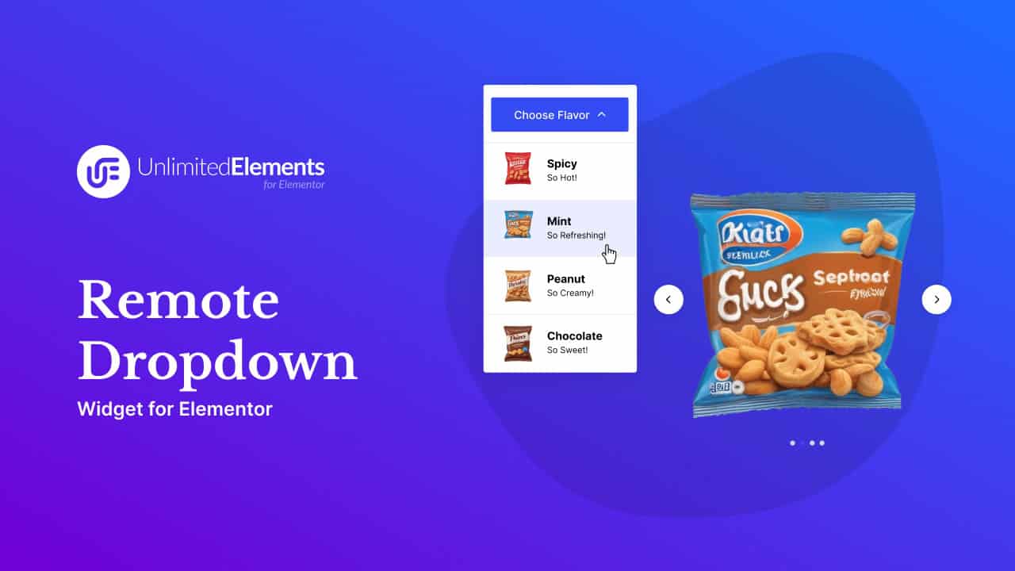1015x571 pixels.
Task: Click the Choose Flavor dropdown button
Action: pos(559,115)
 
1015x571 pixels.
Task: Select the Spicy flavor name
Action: pos(561,163)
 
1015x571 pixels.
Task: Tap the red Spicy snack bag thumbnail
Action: pos(518,168)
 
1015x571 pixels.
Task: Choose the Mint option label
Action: pos(559,221)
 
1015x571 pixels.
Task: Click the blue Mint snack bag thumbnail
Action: pos(518,225)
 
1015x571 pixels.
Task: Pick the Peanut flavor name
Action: pos(565,279)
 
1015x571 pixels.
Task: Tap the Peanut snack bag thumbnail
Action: pos(518,285)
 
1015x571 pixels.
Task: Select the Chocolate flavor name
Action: pos(574,336)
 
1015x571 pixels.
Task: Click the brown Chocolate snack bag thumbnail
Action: pos(518,343)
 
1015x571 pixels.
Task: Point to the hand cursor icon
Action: pos(609,254)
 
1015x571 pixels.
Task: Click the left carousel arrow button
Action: pos(668,300)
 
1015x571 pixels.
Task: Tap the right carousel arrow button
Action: pos(936,300)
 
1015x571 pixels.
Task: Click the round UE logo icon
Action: pos(103,171)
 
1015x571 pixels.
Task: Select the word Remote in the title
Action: pos(178,301)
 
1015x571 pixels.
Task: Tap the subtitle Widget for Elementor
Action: pos(174,409)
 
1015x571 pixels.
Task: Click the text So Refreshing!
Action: pos(576,236)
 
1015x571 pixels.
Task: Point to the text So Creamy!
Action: pos(569,293)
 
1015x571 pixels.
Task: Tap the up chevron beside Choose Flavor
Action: pos(601,114)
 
